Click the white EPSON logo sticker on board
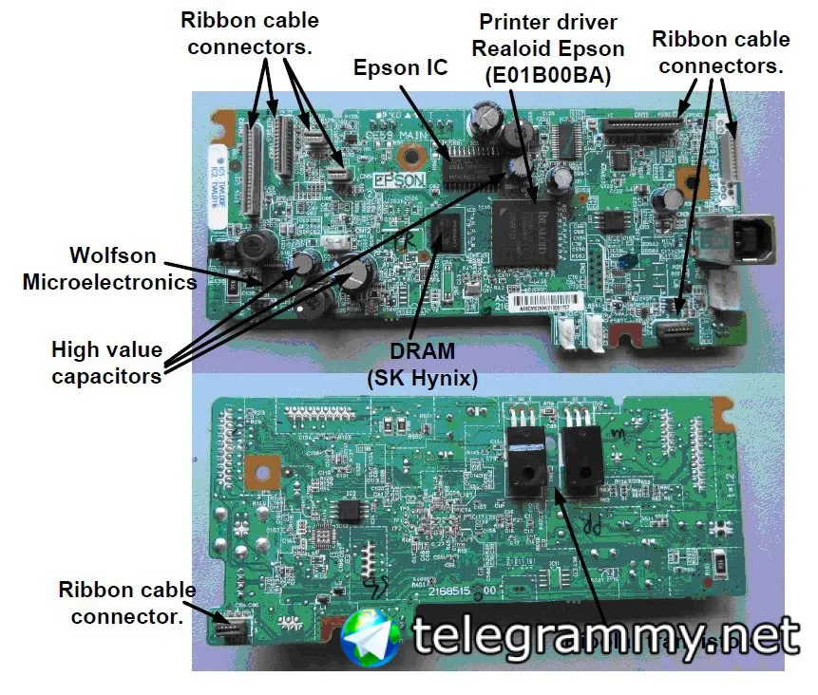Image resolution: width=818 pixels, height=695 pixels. [393, 178]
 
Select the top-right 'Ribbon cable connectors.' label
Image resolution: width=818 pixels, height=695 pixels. [721, 52]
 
